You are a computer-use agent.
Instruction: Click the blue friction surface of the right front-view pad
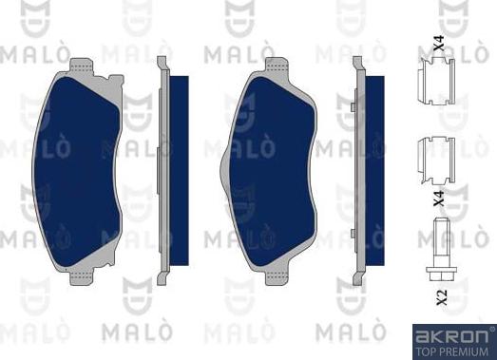273,171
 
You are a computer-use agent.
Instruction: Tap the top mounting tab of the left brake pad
81,66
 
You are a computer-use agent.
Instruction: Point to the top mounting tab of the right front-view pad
277,66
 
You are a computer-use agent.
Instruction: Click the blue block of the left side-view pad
179,170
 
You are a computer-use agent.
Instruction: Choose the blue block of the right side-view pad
374,170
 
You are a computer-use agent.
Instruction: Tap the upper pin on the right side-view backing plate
353,107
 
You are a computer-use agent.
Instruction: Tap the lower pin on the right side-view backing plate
353,234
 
